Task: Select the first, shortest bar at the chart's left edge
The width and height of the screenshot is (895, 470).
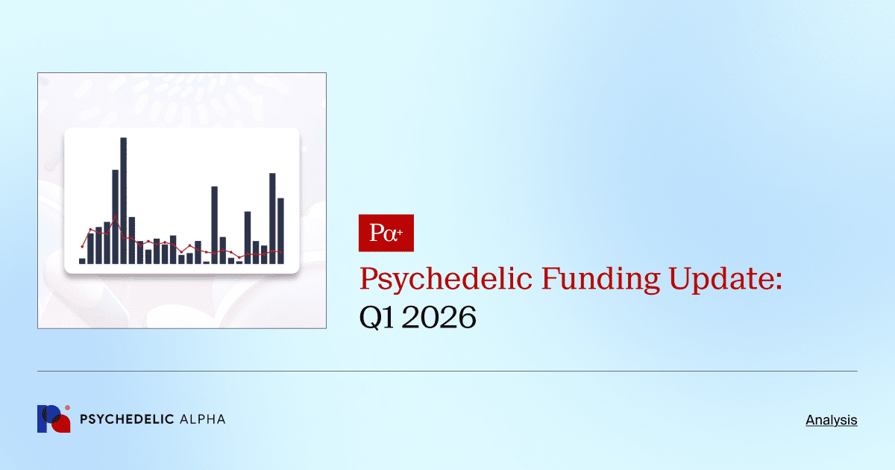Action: point(82,260)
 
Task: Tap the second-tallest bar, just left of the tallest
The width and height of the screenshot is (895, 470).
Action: point(116,216)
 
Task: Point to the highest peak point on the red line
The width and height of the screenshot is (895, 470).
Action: point(116,217)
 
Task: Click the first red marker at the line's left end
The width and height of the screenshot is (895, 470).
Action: point(82,246)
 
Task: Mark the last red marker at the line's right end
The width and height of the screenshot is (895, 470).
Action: point(281,251)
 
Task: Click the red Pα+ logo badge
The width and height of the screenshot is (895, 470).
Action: point(386,234)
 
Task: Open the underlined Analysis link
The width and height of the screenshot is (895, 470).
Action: point(831,420)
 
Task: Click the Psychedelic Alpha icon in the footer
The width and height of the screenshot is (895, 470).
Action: point(53,419)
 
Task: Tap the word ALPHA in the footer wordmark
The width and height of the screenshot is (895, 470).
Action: point(203,419)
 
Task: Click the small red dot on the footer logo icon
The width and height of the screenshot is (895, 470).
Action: point(67,408)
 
